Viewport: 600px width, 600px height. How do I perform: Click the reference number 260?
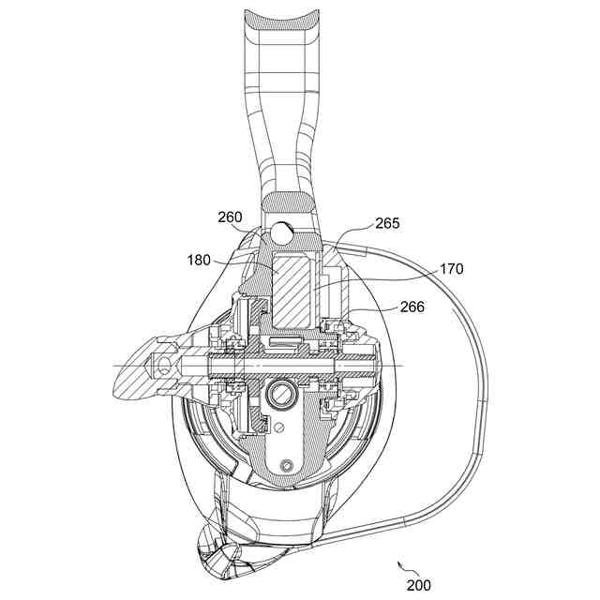tap(230, 217)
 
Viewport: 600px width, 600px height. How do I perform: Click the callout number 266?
tap(412, 306)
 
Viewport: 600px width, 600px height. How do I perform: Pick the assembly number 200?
tap(419, 585)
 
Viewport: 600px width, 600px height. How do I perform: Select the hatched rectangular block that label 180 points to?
tap(294, 282)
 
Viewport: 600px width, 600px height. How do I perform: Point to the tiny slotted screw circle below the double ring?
tap(279, 428)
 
